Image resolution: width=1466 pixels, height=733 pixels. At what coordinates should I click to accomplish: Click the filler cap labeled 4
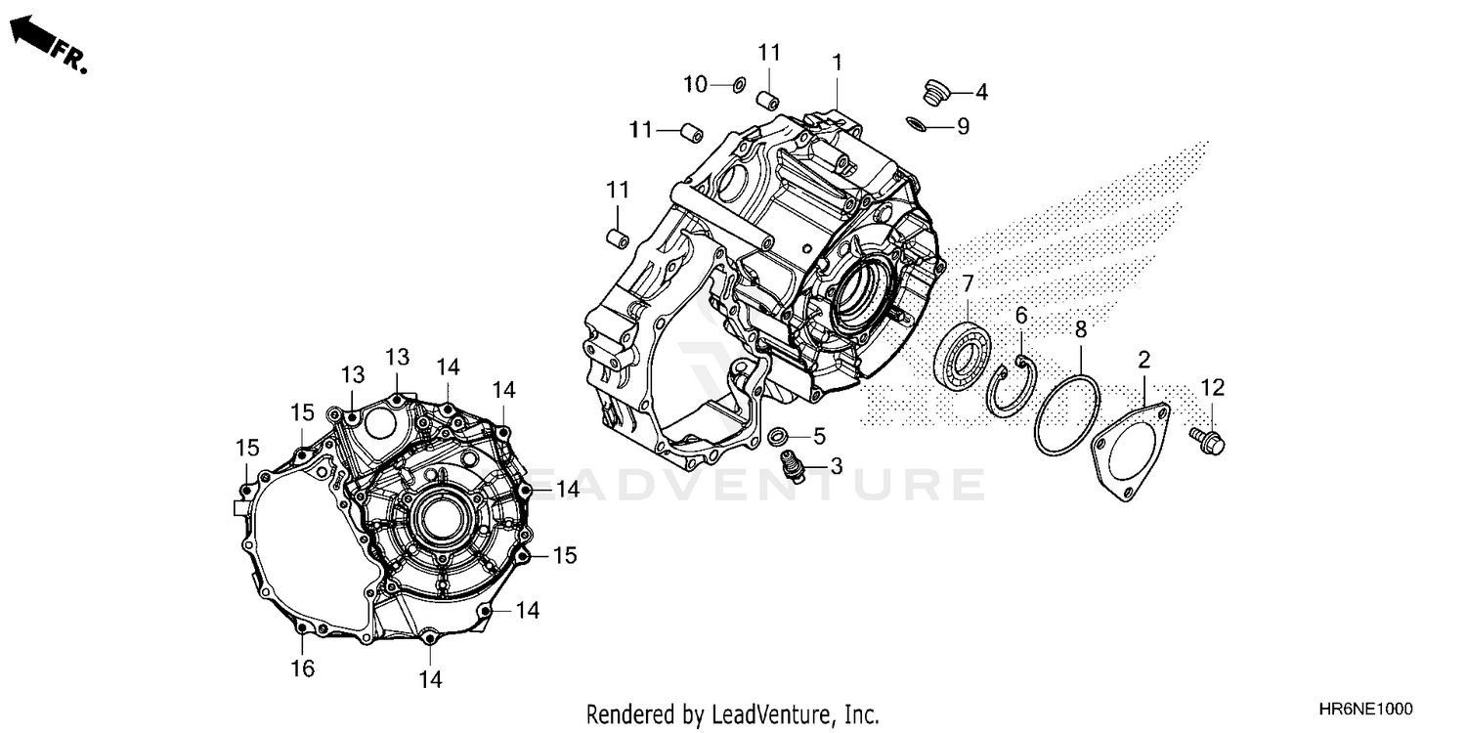point(935,94)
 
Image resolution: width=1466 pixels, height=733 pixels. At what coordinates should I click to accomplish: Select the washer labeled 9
point(918,123)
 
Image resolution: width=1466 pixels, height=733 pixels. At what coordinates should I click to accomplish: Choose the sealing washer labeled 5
point(780,435)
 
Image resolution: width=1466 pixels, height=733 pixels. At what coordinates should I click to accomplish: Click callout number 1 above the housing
point(837,63)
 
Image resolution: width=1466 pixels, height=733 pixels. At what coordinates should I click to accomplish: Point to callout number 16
point(302,668)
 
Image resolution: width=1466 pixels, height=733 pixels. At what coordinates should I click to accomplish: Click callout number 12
point(1212,388)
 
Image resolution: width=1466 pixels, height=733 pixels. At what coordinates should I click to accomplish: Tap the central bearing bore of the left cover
point(437,518)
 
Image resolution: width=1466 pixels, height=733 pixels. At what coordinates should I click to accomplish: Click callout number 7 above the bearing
point(968,284)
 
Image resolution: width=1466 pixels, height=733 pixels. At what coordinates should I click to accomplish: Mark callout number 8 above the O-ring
point(1081,330)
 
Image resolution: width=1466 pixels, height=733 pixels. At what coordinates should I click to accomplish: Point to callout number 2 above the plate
point(1143,359)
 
